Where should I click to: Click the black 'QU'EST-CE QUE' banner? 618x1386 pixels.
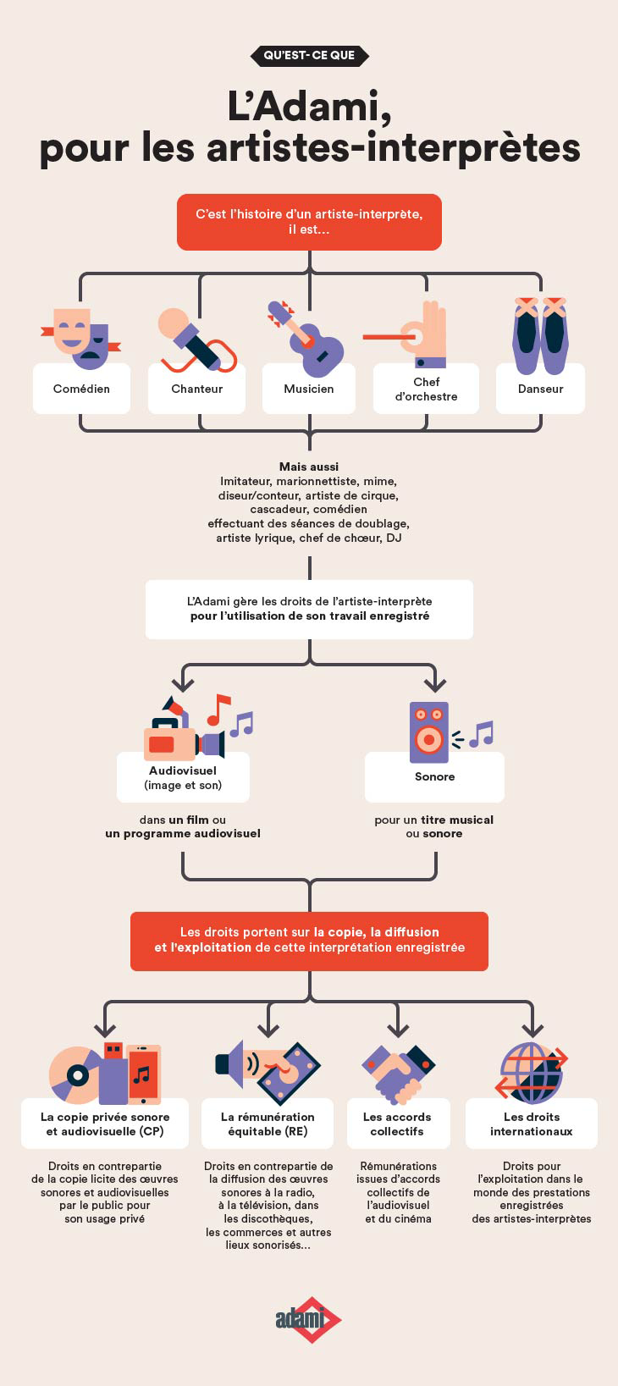[x=309, y=55]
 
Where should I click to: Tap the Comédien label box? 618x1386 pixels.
[x=81, y=389]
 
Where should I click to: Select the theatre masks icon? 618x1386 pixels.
[x=81, y=338]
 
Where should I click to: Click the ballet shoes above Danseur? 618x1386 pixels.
[x=541, y=335]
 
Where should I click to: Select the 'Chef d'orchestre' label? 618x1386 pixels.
[x=426, y=389]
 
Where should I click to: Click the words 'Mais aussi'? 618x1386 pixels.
[x=309, y=467]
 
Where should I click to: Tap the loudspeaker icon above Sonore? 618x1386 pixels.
[x=428, y=732]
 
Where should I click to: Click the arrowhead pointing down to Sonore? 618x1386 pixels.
[x=435, y=683]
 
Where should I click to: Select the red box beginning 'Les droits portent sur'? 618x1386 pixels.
[x=309, y=941]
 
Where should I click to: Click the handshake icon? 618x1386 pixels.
[x=399, y=1074]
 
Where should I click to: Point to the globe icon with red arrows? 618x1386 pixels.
[x=532, y=1074]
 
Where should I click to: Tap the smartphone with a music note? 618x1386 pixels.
[x=144, y=1074]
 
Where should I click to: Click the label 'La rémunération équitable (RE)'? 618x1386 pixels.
[x=268, y=1124]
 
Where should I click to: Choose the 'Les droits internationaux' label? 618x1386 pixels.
[x=532, y=1124]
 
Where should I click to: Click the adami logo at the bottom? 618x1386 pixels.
[x=308, y=1320]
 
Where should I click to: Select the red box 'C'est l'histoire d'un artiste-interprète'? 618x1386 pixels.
[x=309, y=222]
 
